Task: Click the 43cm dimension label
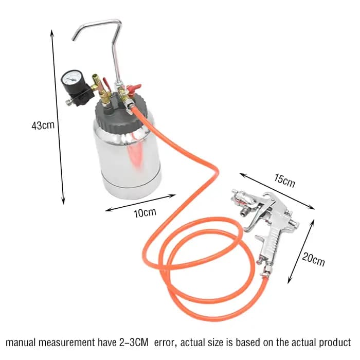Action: tap(43, 125)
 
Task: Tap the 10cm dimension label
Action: tap(145, 212)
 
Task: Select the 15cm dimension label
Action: tap(284, 181)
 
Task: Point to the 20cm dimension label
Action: tap(313, 259)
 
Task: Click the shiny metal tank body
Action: tap(128, 160)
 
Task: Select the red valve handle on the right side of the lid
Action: tap(134, 87)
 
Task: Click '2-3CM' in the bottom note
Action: tap(134, 343)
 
